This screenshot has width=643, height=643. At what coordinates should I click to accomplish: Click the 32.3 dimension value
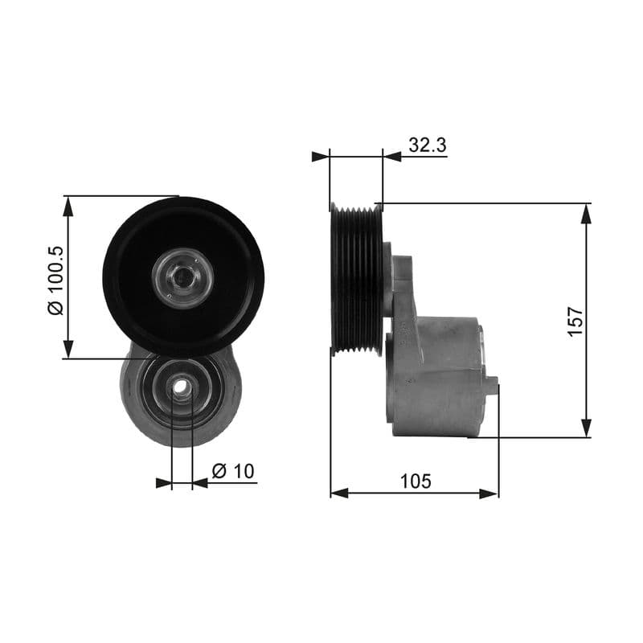coord(427,145)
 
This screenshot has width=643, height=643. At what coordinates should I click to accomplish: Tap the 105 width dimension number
coord(416,481)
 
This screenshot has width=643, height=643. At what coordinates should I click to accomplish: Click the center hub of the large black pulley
coord(183,277)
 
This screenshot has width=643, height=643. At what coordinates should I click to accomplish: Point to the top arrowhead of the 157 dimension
coord(587,213)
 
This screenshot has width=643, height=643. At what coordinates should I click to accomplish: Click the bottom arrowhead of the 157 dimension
coord(587,428)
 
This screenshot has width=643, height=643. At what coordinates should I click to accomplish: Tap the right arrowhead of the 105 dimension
coord(489,493)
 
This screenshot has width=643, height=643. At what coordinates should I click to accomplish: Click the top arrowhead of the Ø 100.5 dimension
coord(69,206)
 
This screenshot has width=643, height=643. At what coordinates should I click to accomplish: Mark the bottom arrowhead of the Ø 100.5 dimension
coord(69,348)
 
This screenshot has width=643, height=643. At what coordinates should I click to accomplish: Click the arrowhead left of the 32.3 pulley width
coord(321,156)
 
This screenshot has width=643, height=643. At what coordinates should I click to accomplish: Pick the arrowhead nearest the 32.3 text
coord(392,156)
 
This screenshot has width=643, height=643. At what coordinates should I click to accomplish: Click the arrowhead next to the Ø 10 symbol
coord(201,483)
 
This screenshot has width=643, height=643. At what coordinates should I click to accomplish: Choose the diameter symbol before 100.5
coord(55,308)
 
